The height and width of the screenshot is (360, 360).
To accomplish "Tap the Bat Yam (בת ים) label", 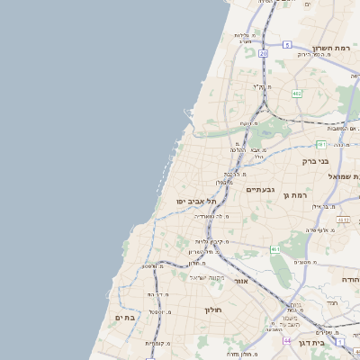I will point(125,318).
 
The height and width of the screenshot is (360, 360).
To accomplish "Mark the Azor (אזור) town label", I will point(240,282).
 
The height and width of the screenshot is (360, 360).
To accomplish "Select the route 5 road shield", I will point(286,44).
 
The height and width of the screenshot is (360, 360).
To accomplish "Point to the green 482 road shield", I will point(296,93).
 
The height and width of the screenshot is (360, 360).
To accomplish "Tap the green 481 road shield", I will point(321,144).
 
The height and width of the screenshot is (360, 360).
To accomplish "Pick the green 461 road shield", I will point(274,249).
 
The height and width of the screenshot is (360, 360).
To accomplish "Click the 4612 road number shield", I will point(343,219).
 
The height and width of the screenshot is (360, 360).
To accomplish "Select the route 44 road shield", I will point(286,341).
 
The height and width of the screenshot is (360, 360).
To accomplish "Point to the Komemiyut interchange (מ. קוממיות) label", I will point(159,343).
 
